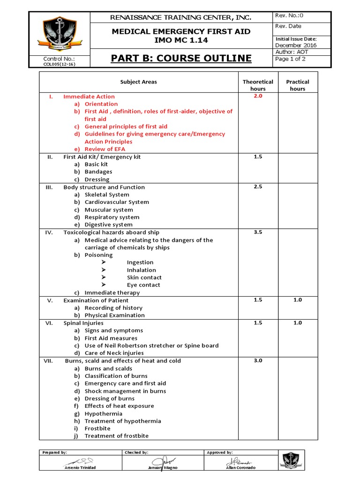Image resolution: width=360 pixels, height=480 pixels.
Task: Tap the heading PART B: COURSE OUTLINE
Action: coord(181,59)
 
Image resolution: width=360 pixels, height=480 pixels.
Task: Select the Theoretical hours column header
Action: coord(258,85)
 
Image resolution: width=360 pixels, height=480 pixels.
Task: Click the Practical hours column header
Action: coord(298,85)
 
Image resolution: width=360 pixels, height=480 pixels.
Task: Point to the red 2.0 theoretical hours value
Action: coord(258,96)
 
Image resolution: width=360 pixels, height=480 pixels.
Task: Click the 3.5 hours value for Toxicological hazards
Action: coord(258,232)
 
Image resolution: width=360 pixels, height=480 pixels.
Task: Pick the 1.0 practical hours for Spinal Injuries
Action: coord(298,322)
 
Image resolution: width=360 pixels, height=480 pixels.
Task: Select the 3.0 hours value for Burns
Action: coord(258,360)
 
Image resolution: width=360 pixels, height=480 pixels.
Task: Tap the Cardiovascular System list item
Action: coord(117,202)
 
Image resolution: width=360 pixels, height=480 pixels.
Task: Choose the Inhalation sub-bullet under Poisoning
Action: coord(141,270)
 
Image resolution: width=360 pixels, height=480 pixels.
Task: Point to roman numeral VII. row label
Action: coord(49,360)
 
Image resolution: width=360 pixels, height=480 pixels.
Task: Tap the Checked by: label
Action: coord(136,452)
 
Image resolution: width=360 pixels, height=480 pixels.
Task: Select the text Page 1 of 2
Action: coord(291,59)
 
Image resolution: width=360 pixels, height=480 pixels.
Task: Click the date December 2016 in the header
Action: coord(296,45)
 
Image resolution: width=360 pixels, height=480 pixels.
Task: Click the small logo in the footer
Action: coord(291,459)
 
